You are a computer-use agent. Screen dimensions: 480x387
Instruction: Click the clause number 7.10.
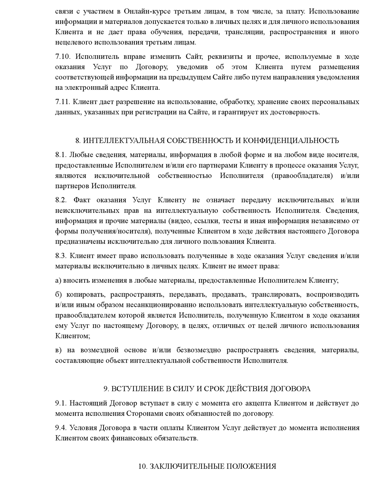63,57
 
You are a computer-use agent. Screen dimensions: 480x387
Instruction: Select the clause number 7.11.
63,102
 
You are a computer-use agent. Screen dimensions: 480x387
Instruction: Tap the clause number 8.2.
61,200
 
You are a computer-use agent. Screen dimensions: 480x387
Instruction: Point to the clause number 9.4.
61,428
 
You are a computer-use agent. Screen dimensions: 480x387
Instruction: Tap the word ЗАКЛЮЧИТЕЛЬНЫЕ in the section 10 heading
185,466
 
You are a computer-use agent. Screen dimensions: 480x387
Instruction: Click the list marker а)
58,280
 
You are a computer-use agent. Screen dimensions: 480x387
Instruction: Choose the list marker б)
58,295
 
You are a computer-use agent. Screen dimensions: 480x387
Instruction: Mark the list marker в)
58,350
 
